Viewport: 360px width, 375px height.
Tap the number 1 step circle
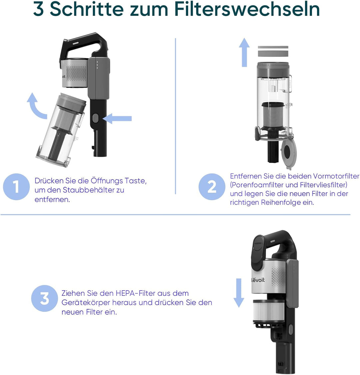pos(16,187)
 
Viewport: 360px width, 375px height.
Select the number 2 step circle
pos(212,187)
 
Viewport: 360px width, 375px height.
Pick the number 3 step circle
pos(44,298)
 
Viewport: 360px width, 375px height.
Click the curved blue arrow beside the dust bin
pos(37,106)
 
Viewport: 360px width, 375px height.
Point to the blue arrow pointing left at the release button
pos(117,118)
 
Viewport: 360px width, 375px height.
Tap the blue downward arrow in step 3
pos(239,292)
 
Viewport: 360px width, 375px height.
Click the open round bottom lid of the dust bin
pos(288,151)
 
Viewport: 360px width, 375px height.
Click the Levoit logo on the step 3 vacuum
pos(258,280)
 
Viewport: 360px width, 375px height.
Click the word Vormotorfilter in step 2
pos(336,176)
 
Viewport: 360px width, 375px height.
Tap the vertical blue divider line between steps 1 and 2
pos(175,117)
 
